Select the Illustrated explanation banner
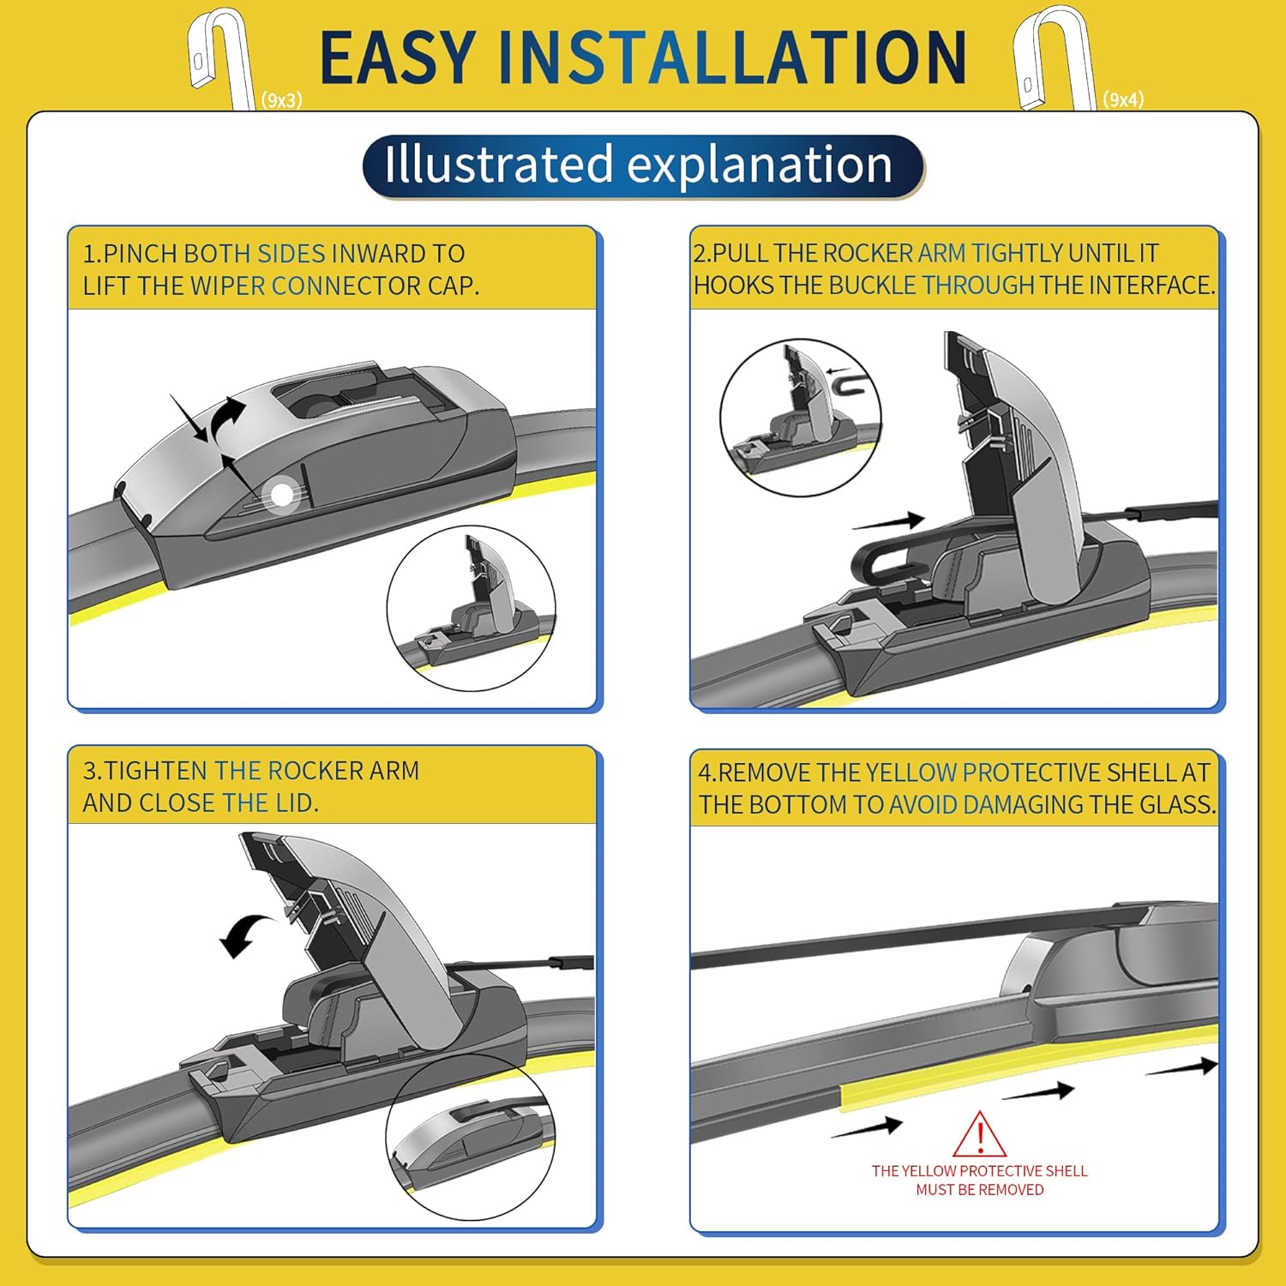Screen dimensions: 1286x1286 click(x=643, y=165)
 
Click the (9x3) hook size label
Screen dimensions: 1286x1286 click(x=282, y=100)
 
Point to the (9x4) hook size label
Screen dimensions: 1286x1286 click(x=1123, y=99)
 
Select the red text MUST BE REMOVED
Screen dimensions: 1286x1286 click(x=980, y=1189)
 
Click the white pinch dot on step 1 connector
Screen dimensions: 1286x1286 click(x=282, y=495)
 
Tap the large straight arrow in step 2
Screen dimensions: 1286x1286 click(x=888, y=521)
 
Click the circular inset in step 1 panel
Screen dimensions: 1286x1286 click(x=472, y=608)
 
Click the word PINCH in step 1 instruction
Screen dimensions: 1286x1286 click(x=141, y=254)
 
